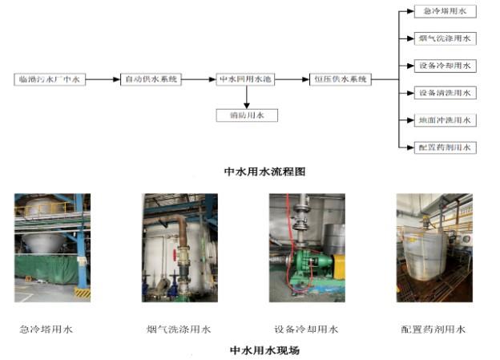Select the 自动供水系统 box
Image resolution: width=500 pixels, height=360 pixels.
pyautogui.click(x=151, y=79)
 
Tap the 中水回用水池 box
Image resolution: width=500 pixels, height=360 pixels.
pyautogui.click(x=246, y=79)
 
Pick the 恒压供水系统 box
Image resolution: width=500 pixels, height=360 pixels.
pyautogui.click(x=341, y=79)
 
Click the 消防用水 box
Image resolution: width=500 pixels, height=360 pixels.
pyautogui.click(x=247, y=115)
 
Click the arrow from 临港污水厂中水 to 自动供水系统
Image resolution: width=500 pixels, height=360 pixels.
pyautogui.click(x=103, y=79)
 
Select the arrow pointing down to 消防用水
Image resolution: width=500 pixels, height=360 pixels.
pyautogui.click(x=247, y=97)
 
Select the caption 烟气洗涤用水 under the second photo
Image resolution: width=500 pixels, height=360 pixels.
pyautogui.click(x=179, y=330)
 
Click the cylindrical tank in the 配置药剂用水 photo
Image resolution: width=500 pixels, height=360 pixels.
pyautogui.click(x=425, y=257)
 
